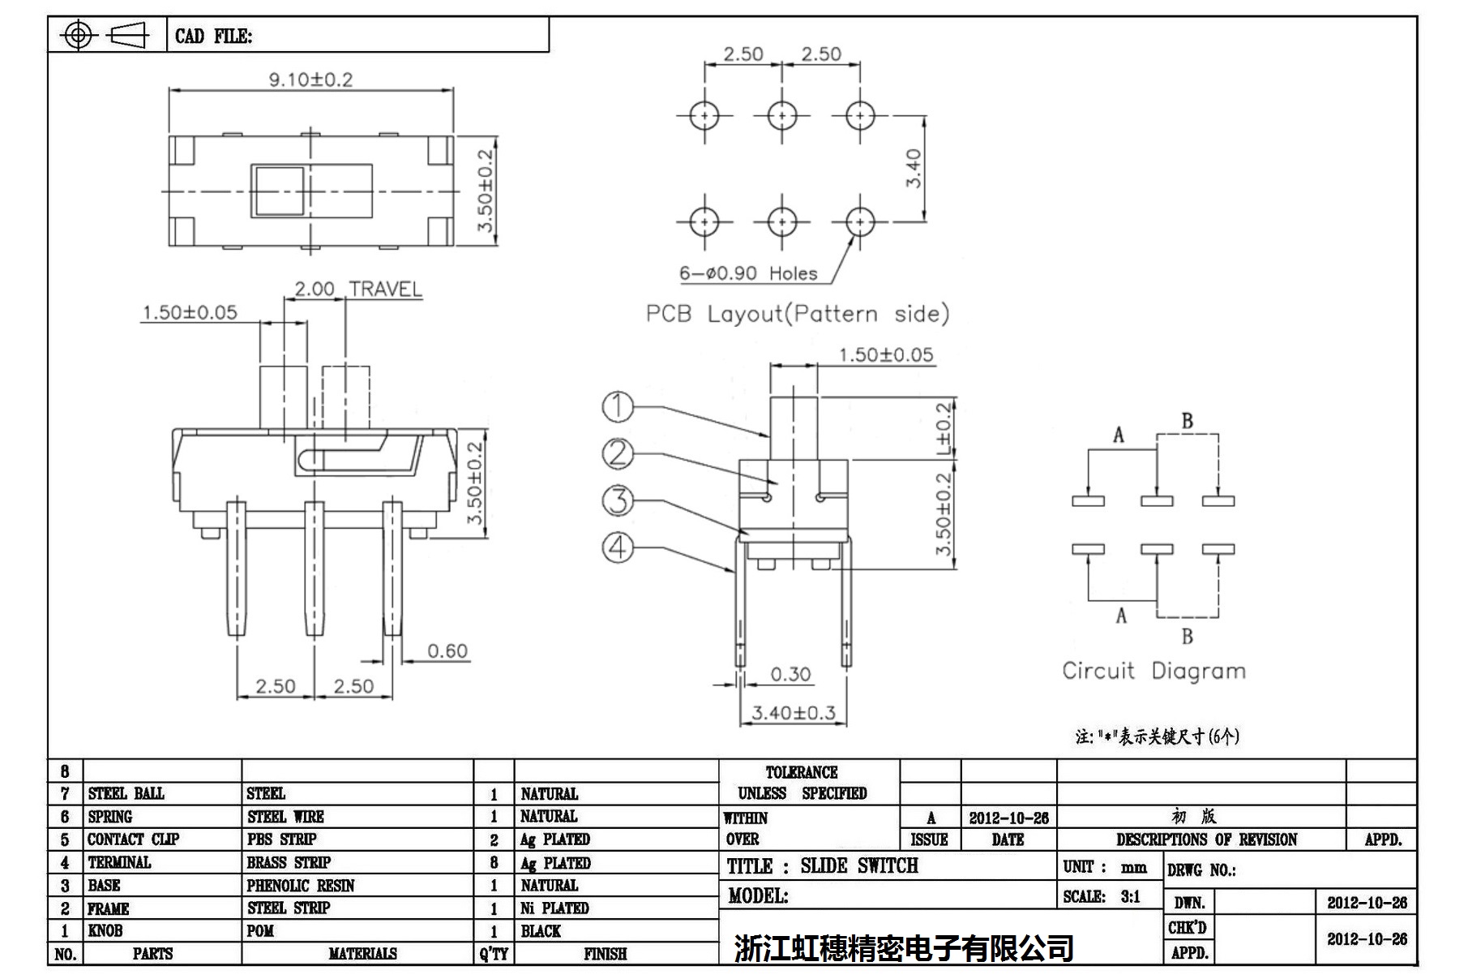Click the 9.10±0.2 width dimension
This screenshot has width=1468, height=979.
310,79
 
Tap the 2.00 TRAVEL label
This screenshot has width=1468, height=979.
357,290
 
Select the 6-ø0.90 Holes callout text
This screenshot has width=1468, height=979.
748,273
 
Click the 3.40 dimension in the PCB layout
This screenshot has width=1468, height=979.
914,169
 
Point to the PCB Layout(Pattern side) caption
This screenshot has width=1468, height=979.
797,314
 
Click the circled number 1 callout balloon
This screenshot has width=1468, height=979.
618,406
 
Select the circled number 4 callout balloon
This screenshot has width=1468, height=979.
618,547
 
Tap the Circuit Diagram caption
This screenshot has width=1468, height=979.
1153,671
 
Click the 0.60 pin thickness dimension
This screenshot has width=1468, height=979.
447,651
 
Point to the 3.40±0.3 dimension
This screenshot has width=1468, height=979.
793,713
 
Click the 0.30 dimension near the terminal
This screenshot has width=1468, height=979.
790,675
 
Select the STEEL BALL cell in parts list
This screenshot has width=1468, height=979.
126,793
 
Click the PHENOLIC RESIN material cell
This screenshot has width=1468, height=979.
301,886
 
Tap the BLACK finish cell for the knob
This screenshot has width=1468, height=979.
541,931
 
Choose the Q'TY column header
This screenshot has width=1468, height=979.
493,954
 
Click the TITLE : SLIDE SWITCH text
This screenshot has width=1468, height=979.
822,866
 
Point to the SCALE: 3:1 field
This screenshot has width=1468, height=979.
1102,897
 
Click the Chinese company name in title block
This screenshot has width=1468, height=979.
904,947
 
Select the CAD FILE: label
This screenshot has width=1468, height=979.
213,36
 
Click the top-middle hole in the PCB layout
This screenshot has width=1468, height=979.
782,116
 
